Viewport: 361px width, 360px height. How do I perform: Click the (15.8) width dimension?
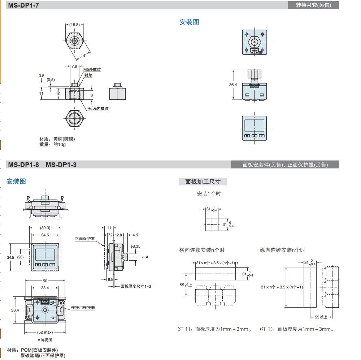tap(74, 25)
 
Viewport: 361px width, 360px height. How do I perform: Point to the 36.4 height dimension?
tap(233, 85)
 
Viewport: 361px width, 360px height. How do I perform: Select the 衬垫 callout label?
tap(88, 75)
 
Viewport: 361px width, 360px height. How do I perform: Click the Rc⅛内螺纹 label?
tap(98, 108)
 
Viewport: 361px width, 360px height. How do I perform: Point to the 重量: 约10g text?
tap(52, 145)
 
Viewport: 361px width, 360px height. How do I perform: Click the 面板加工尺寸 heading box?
tap(203, 181)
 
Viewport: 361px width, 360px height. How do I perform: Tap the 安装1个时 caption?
tap(209, 194)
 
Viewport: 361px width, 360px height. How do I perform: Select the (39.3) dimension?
tap(45, 228)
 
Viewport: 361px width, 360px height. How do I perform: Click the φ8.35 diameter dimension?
tap(135, 246)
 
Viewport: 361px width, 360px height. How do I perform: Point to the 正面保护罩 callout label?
tap(86, 239)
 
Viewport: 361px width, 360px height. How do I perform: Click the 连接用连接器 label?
tap(83, 308)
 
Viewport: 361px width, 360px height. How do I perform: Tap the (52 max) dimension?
tap(45, 332)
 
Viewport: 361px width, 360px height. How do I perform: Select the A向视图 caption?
tap(45, 340)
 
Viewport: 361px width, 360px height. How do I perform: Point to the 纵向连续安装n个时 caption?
tap(282, 250)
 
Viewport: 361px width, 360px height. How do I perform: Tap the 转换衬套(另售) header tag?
tap(313, 5)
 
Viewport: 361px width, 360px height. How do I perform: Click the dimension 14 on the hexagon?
tap(83, 55)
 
